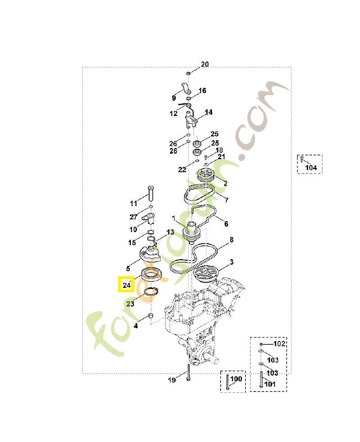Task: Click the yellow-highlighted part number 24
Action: (x=126, y=285)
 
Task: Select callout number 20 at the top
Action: (x=205, y=64)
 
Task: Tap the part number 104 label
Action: (x=311, y=168)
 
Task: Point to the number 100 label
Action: (x=236, y=379)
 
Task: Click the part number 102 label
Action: (x=279, y=344)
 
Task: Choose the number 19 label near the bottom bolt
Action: (x=172, y=380)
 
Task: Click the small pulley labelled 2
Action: (x=207, y=175)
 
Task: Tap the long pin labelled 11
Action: (x=151, y=193)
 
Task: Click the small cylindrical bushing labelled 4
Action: (x=151, y=315)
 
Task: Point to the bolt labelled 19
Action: (x=188, y=372)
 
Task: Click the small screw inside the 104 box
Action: (x=301, y=159)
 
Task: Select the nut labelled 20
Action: (x=188, y=73)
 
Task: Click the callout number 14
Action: (x=209, y=112)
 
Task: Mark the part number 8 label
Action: (x=231, y=240)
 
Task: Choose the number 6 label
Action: (x=226, y=224)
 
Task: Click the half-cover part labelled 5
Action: (x=150, y=254)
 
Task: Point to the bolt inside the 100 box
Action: (x=227, y=382)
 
